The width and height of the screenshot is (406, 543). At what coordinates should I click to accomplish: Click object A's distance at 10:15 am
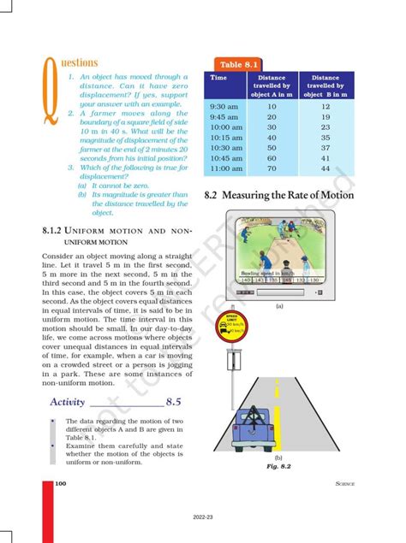272,138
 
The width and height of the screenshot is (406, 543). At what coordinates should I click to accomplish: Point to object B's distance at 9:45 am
325,117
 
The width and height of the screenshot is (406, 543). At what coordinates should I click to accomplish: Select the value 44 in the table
325,168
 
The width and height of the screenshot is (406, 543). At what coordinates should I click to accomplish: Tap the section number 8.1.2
55,231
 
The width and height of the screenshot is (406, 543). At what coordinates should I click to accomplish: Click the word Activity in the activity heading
67,401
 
